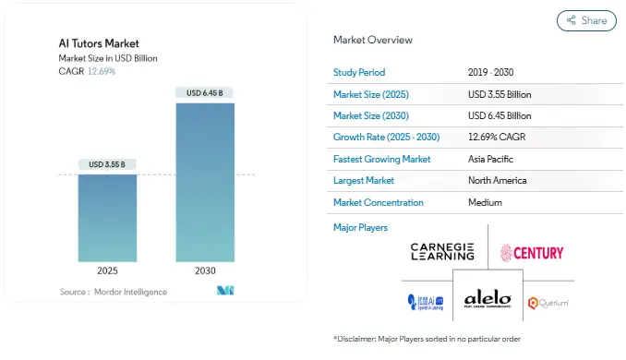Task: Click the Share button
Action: coord(586,20)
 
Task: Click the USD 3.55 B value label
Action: coord(107,164)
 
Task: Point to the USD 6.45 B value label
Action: coord(205,93)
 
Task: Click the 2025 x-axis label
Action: coord(107,271)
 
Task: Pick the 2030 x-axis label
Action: coord(205,271)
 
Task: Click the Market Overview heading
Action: coord(373,40)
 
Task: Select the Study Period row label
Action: coord(359,72)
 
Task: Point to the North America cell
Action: coord(498,180)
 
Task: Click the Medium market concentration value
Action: coord(486,202)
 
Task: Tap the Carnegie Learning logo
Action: coord(442,252)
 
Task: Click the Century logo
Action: coord(532,252)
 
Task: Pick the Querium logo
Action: coord(548,303)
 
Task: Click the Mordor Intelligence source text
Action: coord(114,292)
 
